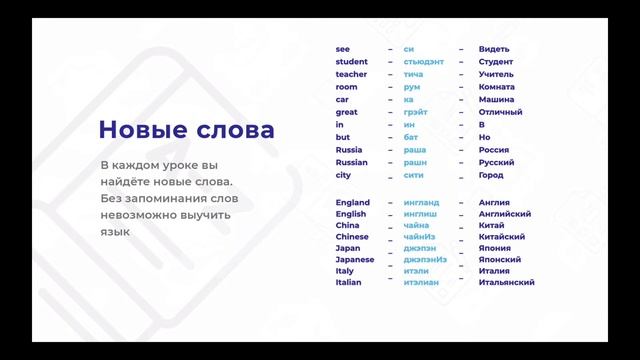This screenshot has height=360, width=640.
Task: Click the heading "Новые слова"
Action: [186, 131]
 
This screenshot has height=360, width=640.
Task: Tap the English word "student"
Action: [351, 62]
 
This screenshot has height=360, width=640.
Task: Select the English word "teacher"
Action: [351, 74]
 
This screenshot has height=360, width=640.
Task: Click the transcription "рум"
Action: [412, 87]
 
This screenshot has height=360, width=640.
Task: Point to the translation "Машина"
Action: [497, 100]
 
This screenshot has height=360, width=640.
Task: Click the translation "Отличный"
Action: [500, 112]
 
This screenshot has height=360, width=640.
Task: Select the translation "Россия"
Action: [494, 150]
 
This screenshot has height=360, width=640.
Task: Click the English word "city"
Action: [343, 175]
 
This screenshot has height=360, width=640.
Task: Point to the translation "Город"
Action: [491, 175]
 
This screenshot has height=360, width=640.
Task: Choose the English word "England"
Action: [352, 202]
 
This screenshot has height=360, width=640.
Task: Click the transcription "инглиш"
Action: [420, 214]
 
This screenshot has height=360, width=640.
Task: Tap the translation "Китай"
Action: [492, 225]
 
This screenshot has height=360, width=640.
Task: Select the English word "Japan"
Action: [348, 248]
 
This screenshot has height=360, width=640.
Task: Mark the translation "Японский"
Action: [500, 259]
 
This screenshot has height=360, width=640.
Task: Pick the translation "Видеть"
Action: [494, 49]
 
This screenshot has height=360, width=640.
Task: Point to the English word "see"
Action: [342, 49]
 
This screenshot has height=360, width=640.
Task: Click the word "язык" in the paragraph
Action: [116, 231]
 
